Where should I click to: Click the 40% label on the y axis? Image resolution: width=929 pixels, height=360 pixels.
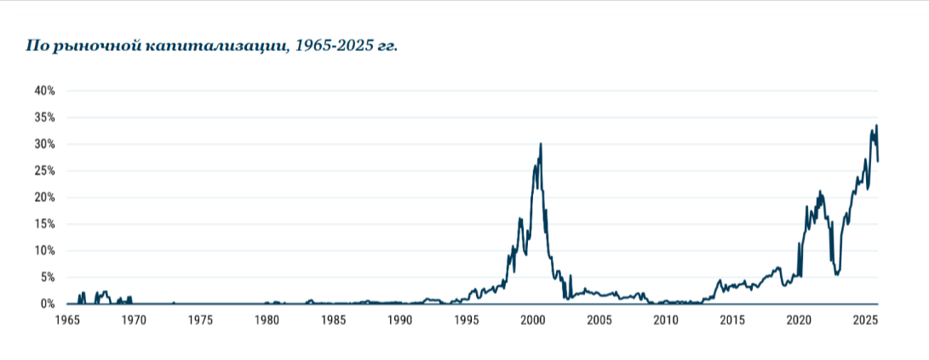pos(44,90)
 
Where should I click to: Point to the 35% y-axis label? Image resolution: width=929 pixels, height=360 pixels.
pos(44,117)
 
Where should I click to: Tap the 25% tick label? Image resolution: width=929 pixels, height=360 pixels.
pos(44,171)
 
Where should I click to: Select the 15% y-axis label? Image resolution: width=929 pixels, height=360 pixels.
pos(44,224)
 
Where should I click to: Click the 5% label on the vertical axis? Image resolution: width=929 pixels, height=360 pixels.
pos(47,277)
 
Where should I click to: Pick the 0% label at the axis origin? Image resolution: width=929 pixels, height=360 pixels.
pos(47,304)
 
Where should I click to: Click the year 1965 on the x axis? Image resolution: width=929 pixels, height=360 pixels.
pos(67,320)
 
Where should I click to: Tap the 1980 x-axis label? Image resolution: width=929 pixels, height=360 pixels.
pos(267,320)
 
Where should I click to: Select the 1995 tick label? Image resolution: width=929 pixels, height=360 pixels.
pos(467,320)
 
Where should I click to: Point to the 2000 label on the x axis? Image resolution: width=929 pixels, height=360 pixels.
pos(533,320)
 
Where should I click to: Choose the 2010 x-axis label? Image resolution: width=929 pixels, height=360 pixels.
pos(666,320)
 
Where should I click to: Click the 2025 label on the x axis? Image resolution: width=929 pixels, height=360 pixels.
pos(865,320)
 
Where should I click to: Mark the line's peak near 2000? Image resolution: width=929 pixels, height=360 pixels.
pos(541,144)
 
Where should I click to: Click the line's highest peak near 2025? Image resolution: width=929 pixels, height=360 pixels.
pos(876,126)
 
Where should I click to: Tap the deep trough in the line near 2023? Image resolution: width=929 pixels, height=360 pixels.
pos(838,274)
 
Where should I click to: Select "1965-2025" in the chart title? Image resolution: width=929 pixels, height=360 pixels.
pos(331,45)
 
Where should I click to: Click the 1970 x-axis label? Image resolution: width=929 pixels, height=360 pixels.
pos(134,320)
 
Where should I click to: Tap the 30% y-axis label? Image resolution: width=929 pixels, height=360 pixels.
pos(44,144)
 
